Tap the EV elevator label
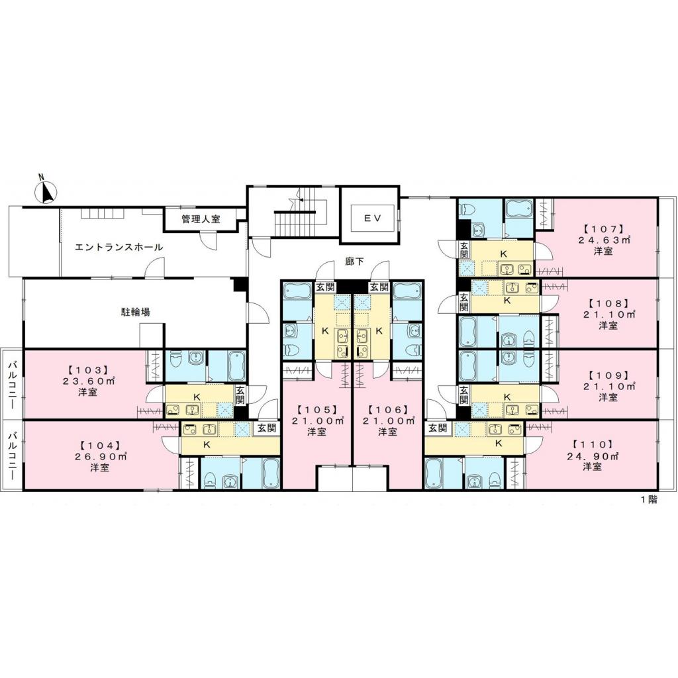[x=367, y=217]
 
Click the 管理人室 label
[x=201, y=219]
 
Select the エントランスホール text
[x=119, y=247]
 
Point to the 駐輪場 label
[x=134, y=311]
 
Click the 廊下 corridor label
[x=354, y=261]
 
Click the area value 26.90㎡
[x=100, y=457]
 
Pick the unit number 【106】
[x=387, y=409]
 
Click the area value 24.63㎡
[x=603, y=240]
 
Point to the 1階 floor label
[x=648, y=500]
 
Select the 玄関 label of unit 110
[x=436, y=428]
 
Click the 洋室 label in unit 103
[x=87, y=391]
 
